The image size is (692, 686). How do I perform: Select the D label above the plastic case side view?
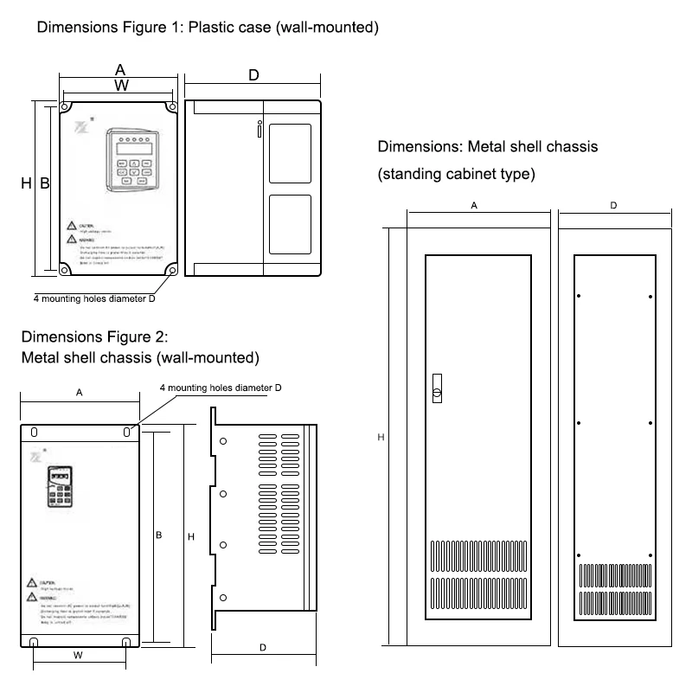point(253,76)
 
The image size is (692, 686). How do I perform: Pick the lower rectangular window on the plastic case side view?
point(290,225)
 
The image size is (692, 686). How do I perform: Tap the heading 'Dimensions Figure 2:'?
point(100,337)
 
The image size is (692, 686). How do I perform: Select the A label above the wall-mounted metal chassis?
point(79,393)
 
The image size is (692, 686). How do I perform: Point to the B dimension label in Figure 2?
point(159,536)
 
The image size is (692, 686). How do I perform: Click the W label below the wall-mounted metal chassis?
point(78,656)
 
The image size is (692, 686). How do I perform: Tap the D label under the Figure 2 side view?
point(263,647)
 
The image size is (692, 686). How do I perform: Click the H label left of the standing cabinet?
point(381,439)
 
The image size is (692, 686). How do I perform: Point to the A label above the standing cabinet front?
point(474,206)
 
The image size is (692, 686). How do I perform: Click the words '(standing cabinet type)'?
point(456,174)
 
